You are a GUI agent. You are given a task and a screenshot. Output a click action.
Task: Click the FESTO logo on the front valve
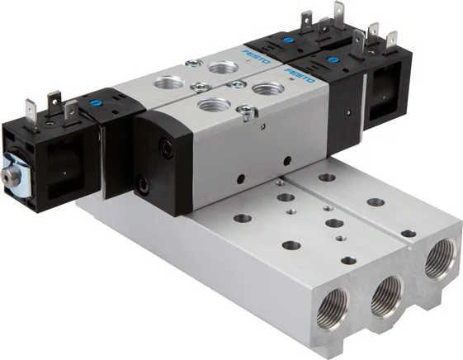[299, 76]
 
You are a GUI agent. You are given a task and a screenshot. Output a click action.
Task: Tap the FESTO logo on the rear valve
[257, 56]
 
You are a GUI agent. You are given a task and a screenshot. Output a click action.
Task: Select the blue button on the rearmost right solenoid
[286, 40]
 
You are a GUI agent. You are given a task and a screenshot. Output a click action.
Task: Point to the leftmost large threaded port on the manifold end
[333, 302]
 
